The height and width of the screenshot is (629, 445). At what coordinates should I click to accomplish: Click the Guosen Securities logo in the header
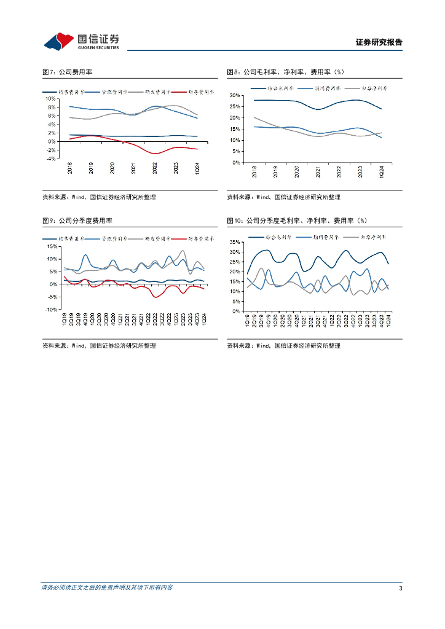[81, 41]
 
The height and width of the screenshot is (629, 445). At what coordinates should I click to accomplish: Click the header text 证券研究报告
[379, 42]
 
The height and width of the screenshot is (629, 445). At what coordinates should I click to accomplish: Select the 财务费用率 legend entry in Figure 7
[200, 92]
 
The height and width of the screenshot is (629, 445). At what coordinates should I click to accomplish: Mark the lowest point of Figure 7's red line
[156, 154]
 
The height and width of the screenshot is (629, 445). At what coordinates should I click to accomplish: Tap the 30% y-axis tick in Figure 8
[235, 96]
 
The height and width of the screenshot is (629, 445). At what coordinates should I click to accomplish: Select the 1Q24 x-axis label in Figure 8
[382, 171]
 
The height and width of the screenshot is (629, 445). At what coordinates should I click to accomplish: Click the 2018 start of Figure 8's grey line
[254, 117]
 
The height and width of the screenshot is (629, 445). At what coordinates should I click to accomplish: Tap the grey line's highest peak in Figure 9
[183, 251]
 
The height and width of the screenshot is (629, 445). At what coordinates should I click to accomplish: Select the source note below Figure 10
[283, 346]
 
